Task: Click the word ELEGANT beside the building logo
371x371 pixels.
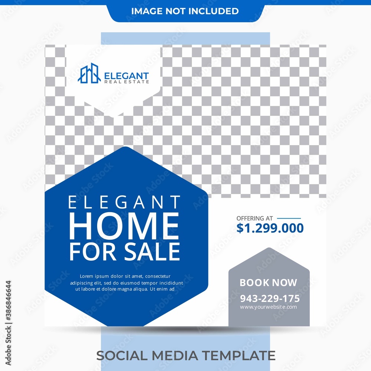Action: (127, 76)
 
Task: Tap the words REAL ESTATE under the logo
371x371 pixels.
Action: (127, 82)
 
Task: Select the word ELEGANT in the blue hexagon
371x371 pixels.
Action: (124, 203)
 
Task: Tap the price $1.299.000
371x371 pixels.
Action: (270, 228)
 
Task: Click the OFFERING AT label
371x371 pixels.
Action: (255, 219)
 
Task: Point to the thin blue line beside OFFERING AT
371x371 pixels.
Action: (289, 219)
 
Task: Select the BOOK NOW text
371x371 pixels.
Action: (268, 283)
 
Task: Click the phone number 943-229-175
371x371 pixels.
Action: (270, 299)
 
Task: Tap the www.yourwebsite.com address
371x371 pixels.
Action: (268, 307)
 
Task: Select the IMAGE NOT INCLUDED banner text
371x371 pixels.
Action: (185, 11)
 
